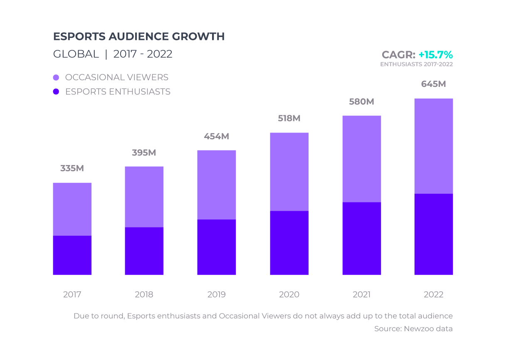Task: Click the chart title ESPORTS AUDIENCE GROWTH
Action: [x=139, y=37]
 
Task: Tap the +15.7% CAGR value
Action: [x=435, y=55]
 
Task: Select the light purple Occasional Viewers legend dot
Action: [x=56, y=78]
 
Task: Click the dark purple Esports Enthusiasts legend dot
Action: [x=56, y=92]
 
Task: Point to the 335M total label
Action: [x=72, y=168]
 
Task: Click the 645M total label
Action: [x=433, y=84]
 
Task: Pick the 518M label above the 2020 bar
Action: [x=289, y=118]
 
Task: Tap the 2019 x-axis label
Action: [x=216, y=295]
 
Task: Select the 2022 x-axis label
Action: [x=433, y=295]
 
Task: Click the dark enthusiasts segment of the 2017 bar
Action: [x=72, y=255]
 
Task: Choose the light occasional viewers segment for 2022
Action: [x=433, y=146]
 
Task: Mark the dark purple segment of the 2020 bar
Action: [x=289, y=243]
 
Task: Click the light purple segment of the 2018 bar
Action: [x=144, y=197]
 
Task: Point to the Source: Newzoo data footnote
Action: [x=413, y=329]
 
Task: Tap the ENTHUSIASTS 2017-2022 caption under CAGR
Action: [x=416, y=64]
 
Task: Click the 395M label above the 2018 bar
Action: [x=144, y=153]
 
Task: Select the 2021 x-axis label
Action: [x=361, y=295]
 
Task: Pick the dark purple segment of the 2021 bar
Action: [x=361, y=238]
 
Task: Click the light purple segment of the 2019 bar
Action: [x=216, y=185]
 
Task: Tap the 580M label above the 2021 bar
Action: [x=361, y=101]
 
